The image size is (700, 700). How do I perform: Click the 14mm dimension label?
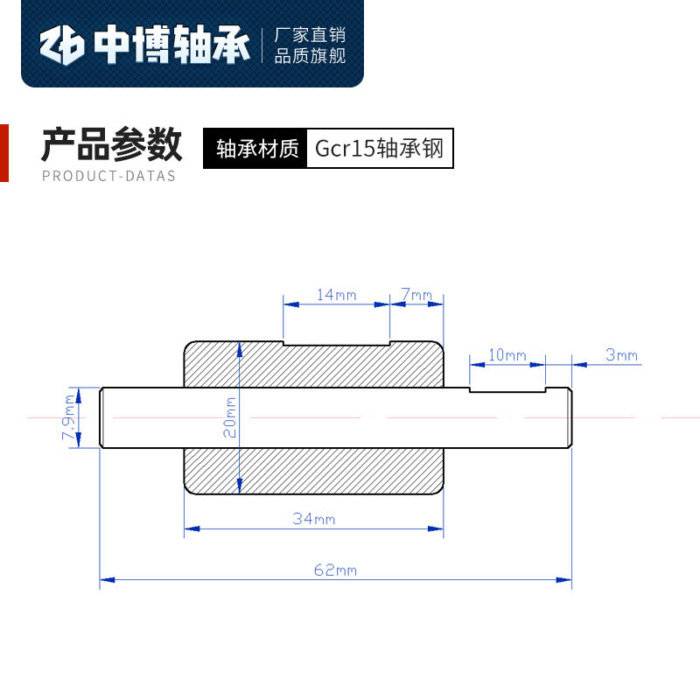336,295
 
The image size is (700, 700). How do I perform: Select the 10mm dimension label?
507,354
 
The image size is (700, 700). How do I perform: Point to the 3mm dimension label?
622,354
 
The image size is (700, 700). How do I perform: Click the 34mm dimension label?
314,519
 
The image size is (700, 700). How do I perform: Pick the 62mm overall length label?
335,570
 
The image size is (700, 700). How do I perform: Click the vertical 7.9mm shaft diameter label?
68,418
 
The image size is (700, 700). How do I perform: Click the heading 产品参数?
112,144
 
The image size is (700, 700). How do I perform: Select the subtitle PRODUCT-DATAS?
109,176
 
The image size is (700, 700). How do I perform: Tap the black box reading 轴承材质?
257,149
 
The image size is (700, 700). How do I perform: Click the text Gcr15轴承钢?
380,149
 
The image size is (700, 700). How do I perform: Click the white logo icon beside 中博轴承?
64,46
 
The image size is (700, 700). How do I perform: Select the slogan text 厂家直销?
311,35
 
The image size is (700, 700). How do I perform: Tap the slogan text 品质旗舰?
311,56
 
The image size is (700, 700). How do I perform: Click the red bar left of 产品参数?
3,153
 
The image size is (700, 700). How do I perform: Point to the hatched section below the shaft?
313,471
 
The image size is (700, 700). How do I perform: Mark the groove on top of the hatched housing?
336,342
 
